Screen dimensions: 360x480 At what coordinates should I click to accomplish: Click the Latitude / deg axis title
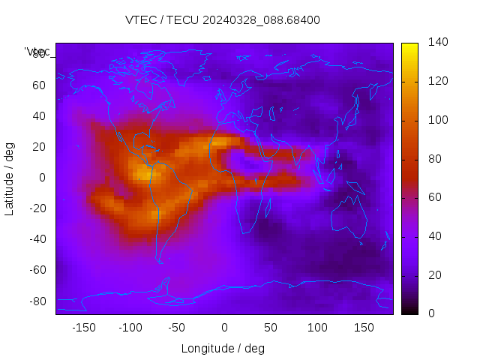(10, 177)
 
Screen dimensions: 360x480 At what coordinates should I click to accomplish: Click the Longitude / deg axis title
(223, 348)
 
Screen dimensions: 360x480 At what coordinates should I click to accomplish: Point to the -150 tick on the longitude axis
(84, 328)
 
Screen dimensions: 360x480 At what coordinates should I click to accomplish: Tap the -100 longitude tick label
(130, 328)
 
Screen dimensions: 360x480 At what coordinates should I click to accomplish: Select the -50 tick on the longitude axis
(177, 328)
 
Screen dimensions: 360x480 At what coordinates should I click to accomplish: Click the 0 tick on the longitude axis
(224, 328)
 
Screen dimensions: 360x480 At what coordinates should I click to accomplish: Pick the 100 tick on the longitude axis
(317, 328)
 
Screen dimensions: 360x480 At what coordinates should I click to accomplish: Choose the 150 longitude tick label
(364, 328)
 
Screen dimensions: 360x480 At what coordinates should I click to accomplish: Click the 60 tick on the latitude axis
(38, 85)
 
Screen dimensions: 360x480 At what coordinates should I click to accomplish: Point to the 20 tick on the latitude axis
(38, 146)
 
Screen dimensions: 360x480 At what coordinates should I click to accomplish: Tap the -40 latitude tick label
(36, 239)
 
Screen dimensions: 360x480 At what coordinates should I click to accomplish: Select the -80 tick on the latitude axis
(36, 301)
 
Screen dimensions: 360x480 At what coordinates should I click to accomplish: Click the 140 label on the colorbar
(438, 42)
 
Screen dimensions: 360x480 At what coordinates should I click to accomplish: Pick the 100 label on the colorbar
(438, 120)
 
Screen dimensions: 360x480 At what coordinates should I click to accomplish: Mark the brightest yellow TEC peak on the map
(142, 173)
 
